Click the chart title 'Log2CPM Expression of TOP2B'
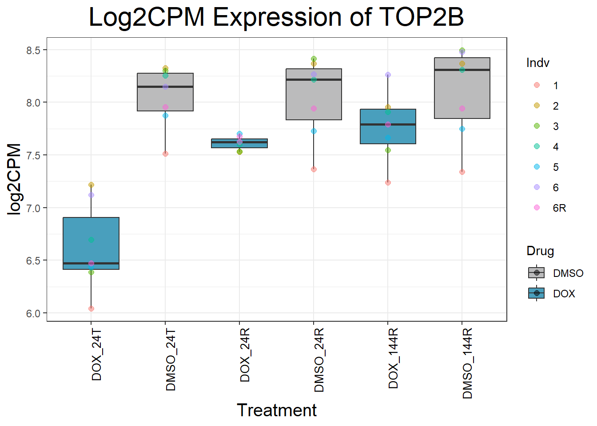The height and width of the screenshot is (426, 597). [276, 18]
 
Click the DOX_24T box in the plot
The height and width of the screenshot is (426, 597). [91, 243]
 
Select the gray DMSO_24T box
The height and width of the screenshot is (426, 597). [165, 92]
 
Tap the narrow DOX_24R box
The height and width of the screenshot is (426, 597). [239, 143]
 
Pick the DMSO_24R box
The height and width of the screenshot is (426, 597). [314, 94]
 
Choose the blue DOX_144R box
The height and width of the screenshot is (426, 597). [388, 126]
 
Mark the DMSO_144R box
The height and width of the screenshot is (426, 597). [462, 88]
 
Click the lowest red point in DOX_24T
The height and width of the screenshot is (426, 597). [91, 308]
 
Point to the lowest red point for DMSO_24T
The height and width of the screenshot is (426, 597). [165, 154]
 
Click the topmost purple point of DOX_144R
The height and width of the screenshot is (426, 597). [388, 75]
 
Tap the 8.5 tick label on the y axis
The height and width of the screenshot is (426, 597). [33, 51]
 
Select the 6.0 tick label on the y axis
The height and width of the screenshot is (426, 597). [33, 314]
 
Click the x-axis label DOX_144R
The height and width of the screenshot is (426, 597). [393, 359]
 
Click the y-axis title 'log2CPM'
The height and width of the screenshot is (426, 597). [15, 179]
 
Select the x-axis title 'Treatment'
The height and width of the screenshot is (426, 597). [276, 410]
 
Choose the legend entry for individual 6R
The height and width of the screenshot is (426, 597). [551, 208]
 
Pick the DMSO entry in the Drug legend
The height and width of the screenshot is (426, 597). [555, 273]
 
